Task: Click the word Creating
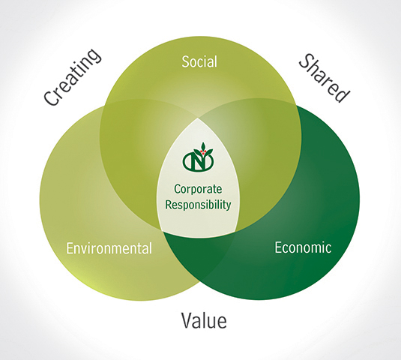(x=73, y=76)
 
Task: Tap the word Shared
(x=324, y=78)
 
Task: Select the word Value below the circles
(x=204, y=320)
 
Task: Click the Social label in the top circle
(x=199, y=61)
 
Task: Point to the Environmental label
(x=109, y=248)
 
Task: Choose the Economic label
(x=303, y=247)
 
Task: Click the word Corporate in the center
(x=198, y=190)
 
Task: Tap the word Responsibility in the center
(x=198, y=205)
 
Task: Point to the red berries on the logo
(x=204, y=152)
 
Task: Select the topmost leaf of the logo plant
(x=203, y=146)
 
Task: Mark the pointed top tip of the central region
(x=198, y=118)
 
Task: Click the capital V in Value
(x=187, y=321)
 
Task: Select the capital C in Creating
(x=51, y=98)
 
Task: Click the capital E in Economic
(x=278, y=247)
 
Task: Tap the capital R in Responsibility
(x=169, y=204)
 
